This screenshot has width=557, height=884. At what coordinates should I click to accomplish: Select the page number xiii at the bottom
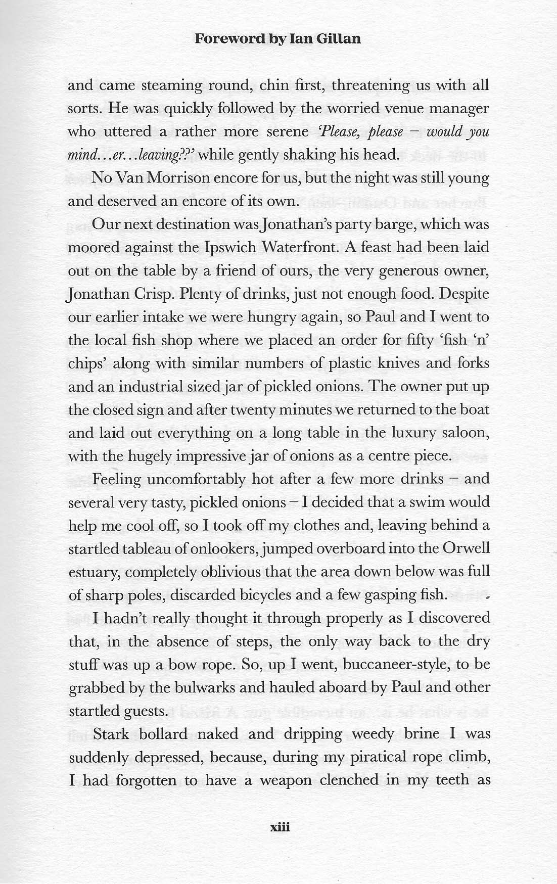click(278, 827)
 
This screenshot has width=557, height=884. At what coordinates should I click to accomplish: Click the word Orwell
click(465, 548)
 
